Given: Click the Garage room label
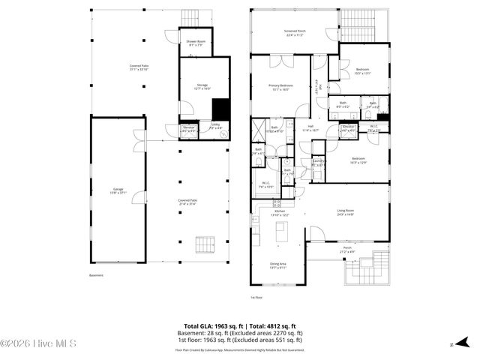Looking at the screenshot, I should click(118, 190).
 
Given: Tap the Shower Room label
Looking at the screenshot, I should click(196, 42).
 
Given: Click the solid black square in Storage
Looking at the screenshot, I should click(221, 109).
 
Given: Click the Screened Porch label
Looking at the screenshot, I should click(294, 33).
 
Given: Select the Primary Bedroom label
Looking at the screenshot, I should click(280, 88).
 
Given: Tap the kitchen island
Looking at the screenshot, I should click(283, 235).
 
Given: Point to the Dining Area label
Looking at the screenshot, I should click(278, 265).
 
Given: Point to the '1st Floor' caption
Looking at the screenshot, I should click(258, 298).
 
